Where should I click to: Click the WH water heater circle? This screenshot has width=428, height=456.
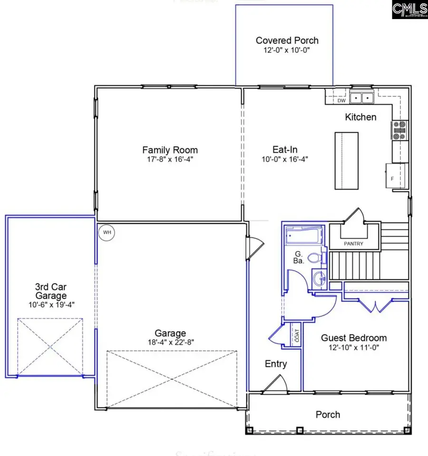[x=107, y=233]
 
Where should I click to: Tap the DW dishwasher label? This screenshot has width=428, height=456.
[x=341, y=101]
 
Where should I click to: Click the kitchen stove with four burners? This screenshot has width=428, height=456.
[x=399, y=130]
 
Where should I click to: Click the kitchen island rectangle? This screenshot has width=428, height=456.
[x=346, y=161]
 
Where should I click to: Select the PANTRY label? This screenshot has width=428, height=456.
[x=353, y=244]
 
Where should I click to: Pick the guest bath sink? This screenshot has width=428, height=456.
[x=318, y=278]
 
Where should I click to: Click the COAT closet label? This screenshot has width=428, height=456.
[x=296, y=336]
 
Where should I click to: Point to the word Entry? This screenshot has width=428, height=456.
[x=276, y=364]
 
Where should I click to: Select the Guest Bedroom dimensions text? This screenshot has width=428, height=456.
[x=353, y=348]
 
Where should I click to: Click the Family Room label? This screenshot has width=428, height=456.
[x=170, y=150]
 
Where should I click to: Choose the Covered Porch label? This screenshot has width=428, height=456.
[x=287, y=40]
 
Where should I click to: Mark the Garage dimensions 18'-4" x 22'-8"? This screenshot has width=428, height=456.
[x=170, y=342]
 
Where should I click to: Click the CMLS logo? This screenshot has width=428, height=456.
[x=409, y=10]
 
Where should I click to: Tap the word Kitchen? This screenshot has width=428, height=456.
[x=360, y=117]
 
